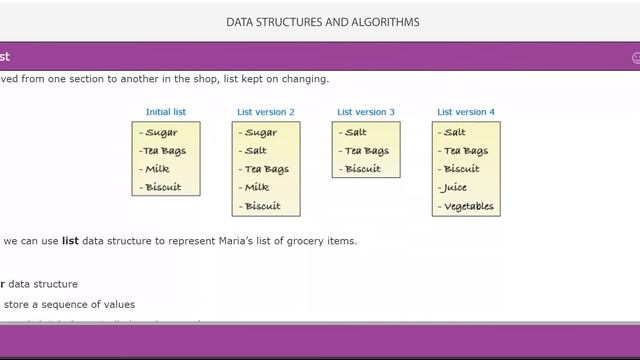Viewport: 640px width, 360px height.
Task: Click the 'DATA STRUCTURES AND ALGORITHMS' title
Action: point(322,22)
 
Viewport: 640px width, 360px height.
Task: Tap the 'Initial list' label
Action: point(166,112)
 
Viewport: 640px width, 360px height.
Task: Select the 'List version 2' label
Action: point(266,112)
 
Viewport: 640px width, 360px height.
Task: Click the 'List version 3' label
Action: point(366,112)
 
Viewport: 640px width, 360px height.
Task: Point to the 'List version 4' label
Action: point(466,112)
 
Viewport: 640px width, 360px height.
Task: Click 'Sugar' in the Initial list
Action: point(162,133)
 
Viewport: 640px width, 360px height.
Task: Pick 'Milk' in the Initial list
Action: point(158,169)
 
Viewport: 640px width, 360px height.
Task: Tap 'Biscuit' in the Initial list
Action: point(163,187)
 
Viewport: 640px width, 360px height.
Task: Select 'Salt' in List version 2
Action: point(255,151)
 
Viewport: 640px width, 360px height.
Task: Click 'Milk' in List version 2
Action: point(257,187)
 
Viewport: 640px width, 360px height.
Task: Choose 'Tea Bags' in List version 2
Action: point(266,169)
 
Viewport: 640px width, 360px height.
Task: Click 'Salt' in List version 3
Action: point(355,133)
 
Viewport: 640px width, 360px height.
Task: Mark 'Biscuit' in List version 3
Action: point(362,169)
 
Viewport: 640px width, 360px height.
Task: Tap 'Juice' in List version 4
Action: point(455,187)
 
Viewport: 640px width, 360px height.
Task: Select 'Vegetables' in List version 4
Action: point(468,207)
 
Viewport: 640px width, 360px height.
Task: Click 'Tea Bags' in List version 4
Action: point(466,151)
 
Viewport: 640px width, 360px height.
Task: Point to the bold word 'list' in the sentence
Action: point(70,241)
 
